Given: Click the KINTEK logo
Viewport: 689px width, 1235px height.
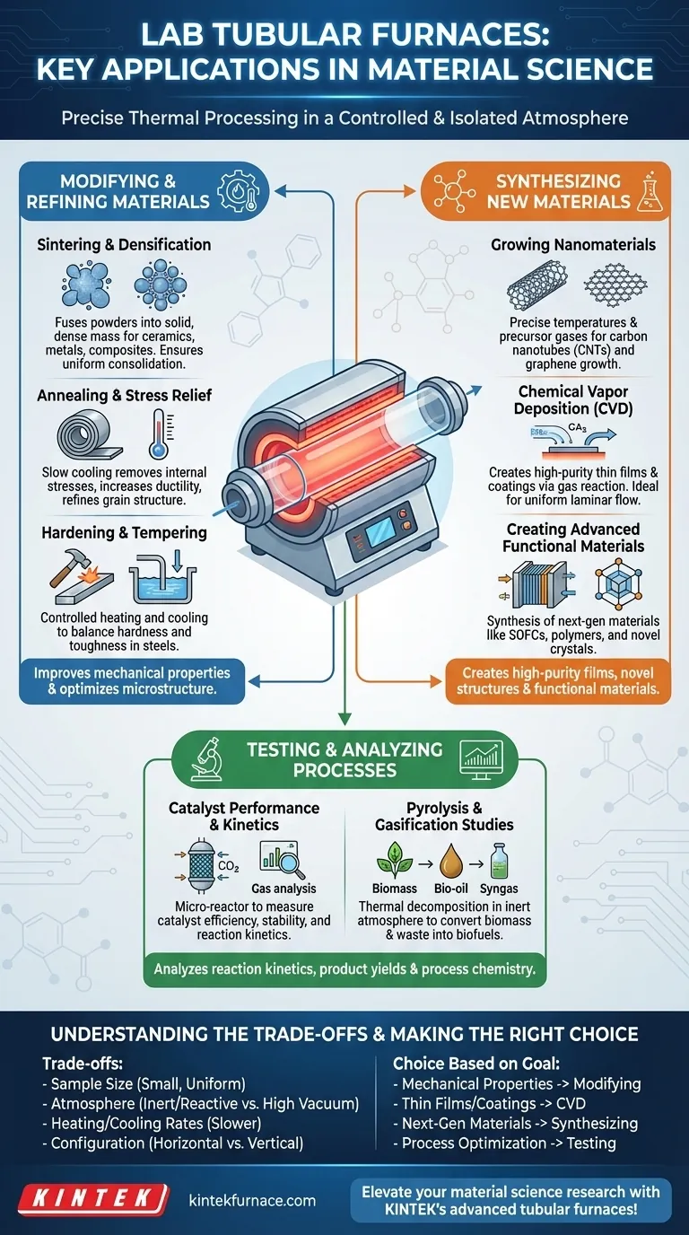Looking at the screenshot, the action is [92, 1198].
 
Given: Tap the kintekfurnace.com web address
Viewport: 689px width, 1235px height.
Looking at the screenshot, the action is [252, 1200].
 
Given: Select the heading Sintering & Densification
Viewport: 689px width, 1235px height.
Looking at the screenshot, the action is [124, 245].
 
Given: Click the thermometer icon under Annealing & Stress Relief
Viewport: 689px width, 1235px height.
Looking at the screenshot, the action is [161, 434].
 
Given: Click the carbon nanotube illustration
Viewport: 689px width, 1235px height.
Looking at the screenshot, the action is [536, 285].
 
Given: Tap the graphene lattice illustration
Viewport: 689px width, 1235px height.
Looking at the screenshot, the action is [615, 284].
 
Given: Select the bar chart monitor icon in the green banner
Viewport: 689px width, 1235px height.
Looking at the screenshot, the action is [481, 759].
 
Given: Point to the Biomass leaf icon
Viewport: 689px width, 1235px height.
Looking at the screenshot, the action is [395, 860].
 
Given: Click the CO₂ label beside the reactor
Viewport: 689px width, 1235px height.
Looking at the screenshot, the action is [228, 866].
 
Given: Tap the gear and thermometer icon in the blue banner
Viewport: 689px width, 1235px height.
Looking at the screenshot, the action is [238, 191].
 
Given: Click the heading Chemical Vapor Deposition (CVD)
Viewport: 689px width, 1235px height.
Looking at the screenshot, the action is [573, 399].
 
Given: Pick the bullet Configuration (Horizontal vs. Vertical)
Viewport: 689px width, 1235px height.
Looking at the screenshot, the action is [173, 1143].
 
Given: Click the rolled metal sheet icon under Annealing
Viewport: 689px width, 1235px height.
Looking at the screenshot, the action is [90, 435].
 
